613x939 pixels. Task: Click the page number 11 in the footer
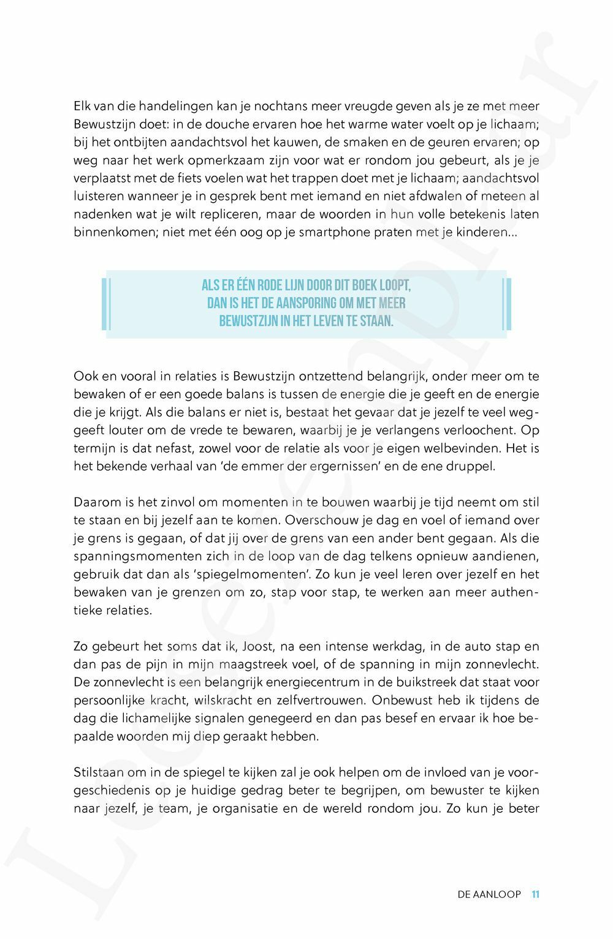(535, 894)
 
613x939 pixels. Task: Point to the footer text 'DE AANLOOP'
(489, 894)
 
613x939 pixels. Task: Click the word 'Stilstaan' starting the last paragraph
(99, 772)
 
